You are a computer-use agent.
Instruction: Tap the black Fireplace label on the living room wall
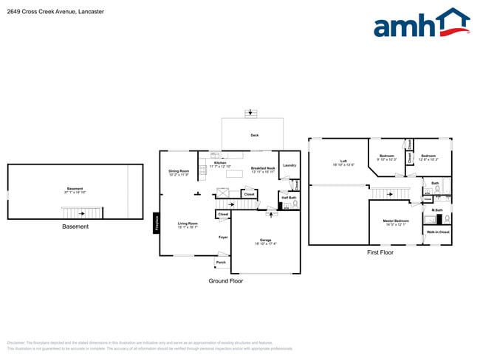click(156, 222)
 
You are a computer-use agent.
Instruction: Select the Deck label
click(254, 136)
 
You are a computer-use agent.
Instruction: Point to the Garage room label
click(266, 241)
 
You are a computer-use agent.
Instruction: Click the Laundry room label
click(289, 165)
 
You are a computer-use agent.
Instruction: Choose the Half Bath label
click(288, 197)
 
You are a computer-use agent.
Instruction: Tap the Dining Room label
click(179, 171)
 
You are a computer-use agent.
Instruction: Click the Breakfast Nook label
click(262, 168)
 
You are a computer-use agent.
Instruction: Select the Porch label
click(220, 262)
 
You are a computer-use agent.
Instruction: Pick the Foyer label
click(222, 237)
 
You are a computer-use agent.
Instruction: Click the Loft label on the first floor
click(343, 161)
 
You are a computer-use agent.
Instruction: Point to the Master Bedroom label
click(396, 221)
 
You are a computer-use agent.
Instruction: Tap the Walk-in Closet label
click(438, 232)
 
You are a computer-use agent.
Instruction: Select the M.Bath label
click(436, 210)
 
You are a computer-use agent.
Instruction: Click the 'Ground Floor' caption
click(224, 281)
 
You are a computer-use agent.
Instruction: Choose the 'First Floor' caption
click(380, 252)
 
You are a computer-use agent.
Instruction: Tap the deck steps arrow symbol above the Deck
click(252, 113)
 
